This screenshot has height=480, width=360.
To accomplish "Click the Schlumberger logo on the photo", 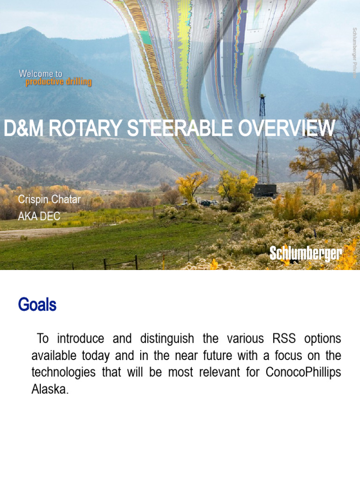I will pos(306,254).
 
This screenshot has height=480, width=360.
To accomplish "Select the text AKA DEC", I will pos(39,216).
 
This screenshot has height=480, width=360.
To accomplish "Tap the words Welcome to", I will pos(40,74).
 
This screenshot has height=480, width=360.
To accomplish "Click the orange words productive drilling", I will pos(59,82).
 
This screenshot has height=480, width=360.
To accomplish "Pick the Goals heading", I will pos(37,305).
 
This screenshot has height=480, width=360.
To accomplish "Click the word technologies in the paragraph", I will pos(63,372).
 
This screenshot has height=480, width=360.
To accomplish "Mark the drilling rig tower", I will pos(262,141).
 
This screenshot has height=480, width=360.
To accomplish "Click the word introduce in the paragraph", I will pos(80,338).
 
